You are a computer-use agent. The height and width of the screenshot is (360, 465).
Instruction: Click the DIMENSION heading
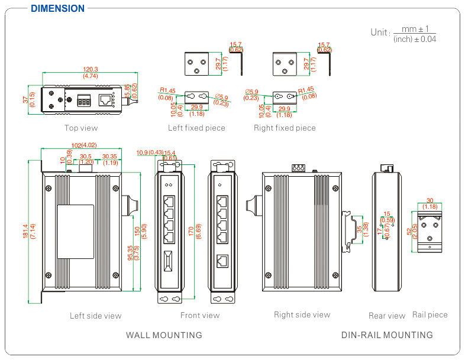click(57, 8)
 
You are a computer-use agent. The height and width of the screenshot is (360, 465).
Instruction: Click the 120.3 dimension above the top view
click(91, 69)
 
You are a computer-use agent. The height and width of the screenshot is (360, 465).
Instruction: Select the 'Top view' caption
click(81, 128)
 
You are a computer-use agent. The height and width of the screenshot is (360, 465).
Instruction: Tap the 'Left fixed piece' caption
click(196, 128)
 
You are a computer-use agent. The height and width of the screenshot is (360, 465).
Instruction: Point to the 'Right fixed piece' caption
click(285, 128)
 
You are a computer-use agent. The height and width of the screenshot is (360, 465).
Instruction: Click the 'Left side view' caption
click(95, 316)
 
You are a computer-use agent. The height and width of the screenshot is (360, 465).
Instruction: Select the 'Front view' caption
click(200, 315)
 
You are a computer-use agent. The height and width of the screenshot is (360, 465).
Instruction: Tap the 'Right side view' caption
click(302, 314)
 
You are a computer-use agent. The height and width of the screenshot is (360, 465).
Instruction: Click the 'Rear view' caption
click(387, 316)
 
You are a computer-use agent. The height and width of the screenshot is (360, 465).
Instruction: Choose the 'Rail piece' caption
click(430, 314)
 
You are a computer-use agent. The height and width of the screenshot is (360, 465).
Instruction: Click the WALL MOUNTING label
click(164, 335)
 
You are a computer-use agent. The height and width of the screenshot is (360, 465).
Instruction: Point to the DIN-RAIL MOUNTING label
click(387, 335)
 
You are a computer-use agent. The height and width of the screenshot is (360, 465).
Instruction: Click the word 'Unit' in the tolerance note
click(379, 33)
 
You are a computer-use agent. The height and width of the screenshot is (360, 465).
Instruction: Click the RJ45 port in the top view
click(106, 100)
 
